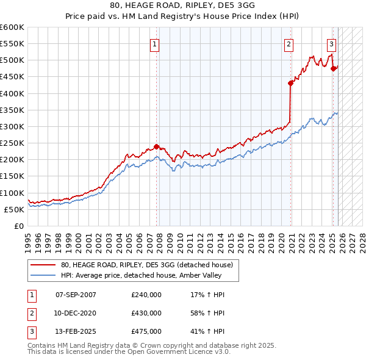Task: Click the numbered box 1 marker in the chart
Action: [x=155, y=44]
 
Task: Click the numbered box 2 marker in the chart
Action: [x=288, y=44]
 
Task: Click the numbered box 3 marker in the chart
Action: [x=331, y=44]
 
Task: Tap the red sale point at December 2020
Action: [x=291, y=84]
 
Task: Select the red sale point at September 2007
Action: [x=157, y=146]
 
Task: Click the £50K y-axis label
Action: [x=15, y=209]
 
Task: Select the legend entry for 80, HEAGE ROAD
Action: [x=147, y=265]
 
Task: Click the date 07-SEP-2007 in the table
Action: [x=76, y=295]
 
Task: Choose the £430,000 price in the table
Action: [x=146, y=313]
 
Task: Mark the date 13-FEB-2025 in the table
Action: [x=76, y=331]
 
